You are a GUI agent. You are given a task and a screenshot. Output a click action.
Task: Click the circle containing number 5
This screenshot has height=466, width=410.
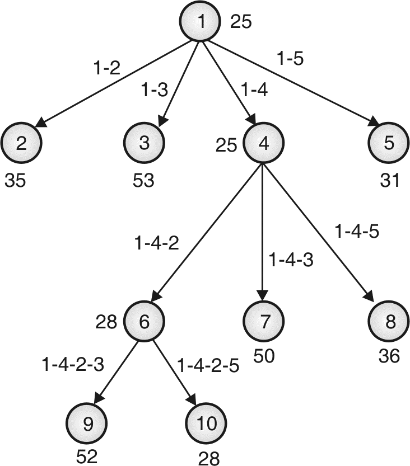(388, 143)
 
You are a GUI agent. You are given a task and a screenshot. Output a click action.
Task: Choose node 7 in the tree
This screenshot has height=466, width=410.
(263, 322)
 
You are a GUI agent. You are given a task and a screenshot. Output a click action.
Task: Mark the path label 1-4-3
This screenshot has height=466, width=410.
(290, 260)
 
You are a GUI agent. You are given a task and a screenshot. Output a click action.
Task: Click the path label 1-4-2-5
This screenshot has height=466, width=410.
(208, 366)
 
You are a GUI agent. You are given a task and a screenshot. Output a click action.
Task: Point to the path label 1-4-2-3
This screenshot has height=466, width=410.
(72, 365)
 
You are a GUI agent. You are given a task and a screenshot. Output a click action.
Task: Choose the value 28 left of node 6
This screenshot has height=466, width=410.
(106, 322)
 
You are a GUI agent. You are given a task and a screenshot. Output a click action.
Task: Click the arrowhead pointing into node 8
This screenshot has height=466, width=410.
(370, 297)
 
